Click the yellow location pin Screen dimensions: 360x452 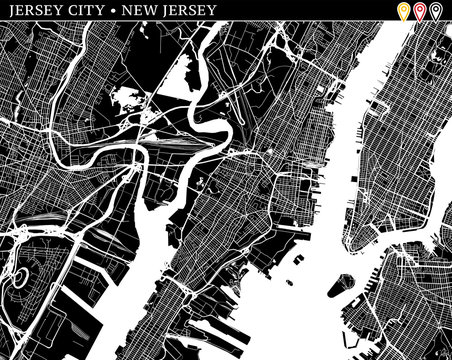405,11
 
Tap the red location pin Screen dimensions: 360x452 420,11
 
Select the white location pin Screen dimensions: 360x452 435,11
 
